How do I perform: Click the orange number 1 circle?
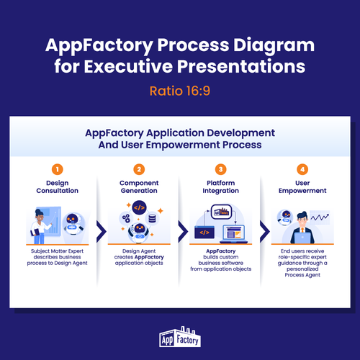(58, 169)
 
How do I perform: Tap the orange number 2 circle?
(139, 169)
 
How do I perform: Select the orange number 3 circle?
(221, 169)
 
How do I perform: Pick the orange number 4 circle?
(302, 169)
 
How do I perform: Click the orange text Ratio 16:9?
(180, 91)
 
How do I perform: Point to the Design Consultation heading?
(58, 186)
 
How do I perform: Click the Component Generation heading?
(139, 186)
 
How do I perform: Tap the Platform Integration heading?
(221, 186)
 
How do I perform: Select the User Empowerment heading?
(302, 186)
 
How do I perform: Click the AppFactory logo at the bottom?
(180, 337)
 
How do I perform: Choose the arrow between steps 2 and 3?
(184, 232)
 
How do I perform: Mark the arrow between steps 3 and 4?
(266, 232)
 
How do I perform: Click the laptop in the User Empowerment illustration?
(302, 238)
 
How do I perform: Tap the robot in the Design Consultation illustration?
(73, 224)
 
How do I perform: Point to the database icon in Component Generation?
(152, 219)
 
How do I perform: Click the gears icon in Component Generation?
(126, 218)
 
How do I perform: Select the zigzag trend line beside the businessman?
(320, 217)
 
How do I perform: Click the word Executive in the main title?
(128, 66)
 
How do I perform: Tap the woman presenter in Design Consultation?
(40, 226)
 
